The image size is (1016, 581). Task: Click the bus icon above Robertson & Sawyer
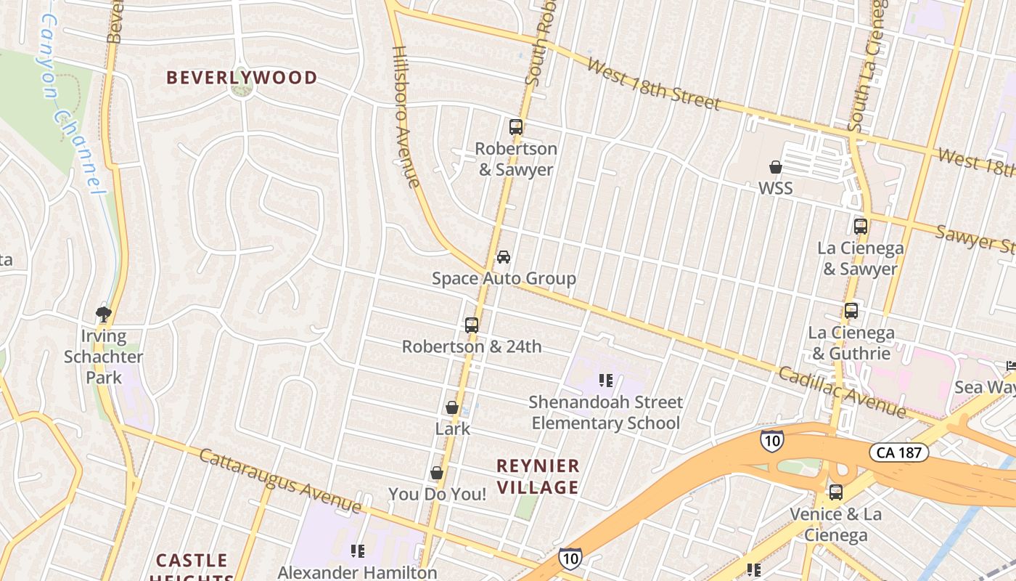point(516,127)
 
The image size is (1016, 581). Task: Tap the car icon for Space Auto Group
point(503,257)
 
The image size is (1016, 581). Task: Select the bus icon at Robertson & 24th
point(472,325)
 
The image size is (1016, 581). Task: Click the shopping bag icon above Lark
point(452,408)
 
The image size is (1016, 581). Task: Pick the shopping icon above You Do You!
point(437,474)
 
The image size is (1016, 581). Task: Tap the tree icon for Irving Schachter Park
point(104,314)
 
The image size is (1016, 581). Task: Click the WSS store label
point(775,188)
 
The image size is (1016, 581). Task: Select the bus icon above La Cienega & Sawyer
point(861,227)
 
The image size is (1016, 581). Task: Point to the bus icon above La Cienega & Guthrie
point(851,311)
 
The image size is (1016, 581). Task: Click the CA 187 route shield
point(899,453)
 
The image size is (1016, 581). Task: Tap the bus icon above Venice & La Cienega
point(836,492)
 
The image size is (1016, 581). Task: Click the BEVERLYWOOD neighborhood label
point(242,78)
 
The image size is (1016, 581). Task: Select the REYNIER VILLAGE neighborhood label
point(538,476)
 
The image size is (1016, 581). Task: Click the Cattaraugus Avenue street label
point(279,480)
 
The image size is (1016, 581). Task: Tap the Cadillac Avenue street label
point(843,392)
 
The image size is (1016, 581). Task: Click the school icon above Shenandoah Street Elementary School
point(606,381)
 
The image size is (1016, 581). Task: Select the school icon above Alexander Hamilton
point(357,551)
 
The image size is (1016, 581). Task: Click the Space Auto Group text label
point(504,278)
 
